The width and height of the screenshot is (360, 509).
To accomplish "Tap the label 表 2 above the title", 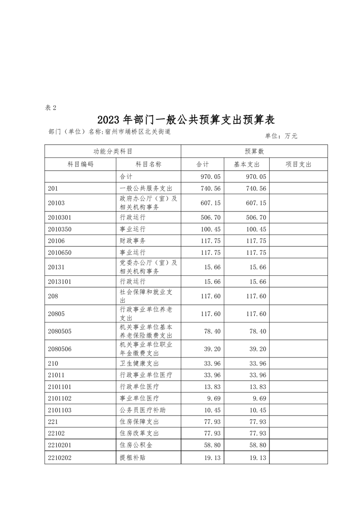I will point(51,108).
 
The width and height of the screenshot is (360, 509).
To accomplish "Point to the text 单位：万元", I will point(281,136).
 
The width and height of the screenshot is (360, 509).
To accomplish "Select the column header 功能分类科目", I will point(113,151).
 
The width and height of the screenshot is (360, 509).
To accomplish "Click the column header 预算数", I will point(254,151).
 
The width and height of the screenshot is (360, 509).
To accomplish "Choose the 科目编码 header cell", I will point(80,164).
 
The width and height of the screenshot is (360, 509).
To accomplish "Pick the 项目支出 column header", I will point(298,164).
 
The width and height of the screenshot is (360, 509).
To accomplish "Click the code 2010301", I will point(59,217).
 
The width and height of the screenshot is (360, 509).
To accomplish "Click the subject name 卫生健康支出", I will point(139,363).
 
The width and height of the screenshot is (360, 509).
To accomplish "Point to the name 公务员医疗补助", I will point(142,410).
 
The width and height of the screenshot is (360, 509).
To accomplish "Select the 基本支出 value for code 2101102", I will point(259,398).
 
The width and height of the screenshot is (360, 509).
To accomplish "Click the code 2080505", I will point(59,332).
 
